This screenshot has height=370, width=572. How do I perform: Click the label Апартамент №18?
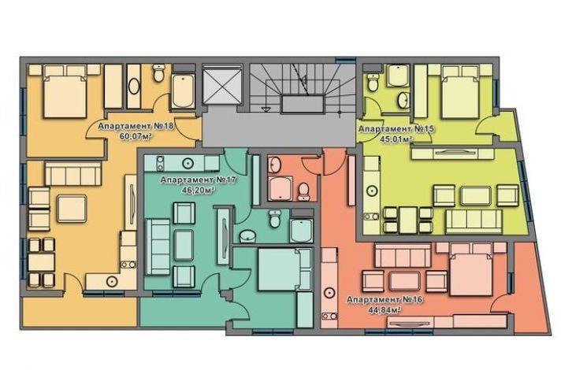pos(136,126)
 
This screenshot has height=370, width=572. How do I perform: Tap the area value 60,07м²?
pos(136,136)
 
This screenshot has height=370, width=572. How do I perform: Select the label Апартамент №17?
pos(199,180)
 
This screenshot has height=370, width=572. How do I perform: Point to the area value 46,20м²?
pos(199,190)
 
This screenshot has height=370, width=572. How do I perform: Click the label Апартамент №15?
pos(396,129)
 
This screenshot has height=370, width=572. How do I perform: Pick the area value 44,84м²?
pos(385,310)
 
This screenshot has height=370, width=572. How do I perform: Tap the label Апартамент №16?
pos(384,300)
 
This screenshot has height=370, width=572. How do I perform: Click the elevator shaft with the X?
pos(222,84)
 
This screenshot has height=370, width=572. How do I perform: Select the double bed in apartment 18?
pos(65,91)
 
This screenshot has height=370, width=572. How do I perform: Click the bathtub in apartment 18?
pos(183,91)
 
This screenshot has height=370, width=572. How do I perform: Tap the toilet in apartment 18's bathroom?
pos(158,73)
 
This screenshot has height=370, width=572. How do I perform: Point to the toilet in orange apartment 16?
pos(303,192)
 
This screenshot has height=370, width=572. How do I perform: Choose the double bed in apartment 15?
pos(460,92)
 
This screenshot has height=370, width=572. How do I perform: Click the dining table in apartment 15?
pos(408,219)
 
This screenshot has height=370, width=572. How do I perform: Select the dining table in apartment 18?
pos(42,262)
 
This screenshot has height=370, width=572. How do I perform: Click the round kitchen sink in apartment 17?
pos(188,163)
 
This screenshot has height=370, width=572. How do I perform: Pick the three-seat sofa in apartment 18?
pos(73,174)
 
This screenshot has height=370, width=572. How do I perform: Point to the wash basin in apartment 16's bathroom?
pos(274,165)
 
